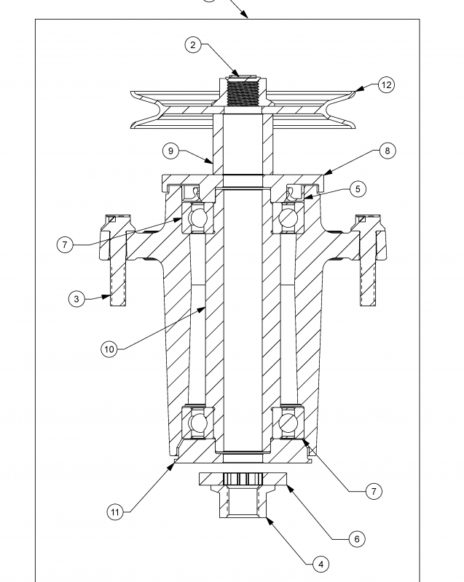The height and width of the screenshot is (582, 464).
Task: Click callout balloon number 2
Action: pyautogui.click(x=193, y=45)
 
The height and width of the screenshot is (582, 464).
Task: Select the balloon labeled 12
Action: pyautogui.click(x=386, y=85)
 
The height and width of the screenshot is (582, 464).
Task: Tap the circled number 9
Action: pyautogui.click(x=170, y=151)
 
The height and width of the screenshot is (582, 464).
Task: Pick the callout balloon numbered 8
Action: pyautogui.click(x=386, y=151)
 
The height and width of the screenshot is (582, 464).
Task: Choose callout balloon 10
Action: pyautogui.click(x=109, y=349)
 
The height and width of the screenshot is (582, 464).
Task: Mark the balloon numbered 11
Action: pyautogui.click(x=114, y=512)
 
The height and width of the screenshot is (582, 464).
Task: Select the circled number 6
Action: pyautogui.click(x=355, y=539)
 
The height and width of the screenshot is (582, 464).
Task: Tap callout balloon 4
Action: pyautogui.click(x=319, y=563)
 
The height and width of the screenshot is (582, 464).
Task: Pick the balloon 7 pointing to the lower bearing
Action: pyautogui.click(x=374, y=492)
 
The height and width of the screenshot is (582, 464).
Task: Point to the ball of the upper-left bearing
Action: pyautogui.click(x=196, y=218)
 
